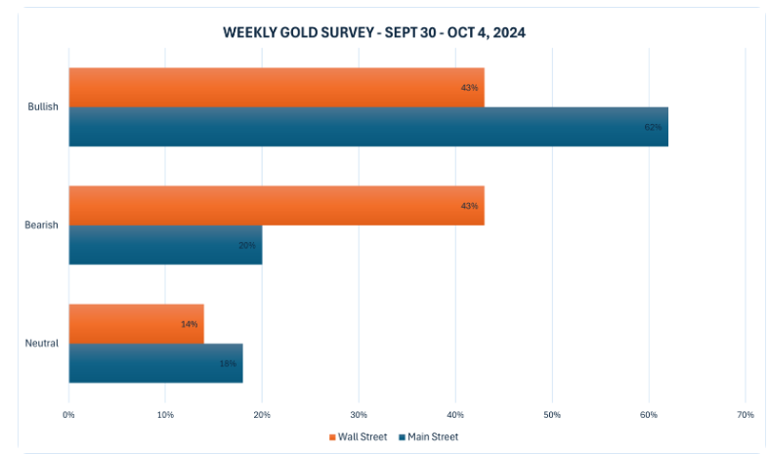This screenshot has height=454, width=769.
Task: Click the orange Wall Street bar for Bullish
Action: [x=277, y=87]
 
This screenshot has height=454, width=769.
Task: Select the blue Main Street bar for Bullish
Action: [x=368, y=126]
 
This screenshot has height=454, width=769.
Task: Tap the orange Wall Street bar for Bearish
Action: [x=277, y=205]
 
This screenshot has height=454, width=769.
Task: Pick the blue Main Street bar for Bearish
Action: [x=165, y=244]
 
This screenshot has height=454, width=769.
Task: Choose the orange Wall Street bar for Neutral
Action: [x=136, y=323]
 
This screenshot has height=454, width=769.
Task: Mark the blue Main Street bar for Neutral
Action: [x=155, y=362]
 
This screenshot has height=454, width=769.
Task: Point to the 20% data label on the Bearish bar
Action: [x=247, y=245]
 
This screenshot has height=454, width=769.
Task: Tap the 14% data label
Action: [x=189, y=323]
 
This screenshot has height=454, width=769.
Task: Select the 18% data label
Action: [x=228, y=363]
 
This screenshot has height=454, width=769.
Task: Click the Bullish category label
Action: [x=43, y=106]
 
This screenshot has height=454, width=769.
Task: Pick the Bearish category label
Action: [x=42, y=225]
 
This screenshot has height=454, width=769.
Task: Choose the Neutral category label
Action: [x=42, y=343]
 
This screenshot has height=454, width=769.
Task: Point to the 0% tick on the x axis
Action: [x=68, y=415]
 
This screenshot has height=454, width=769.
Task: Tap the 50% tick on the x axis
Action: [x=552, y=415]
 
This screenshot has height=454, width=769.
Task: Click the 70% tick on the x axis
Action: [x=745, y=415]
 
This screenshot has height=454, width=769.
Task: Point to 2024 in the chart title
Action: [x=509, y=33]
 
